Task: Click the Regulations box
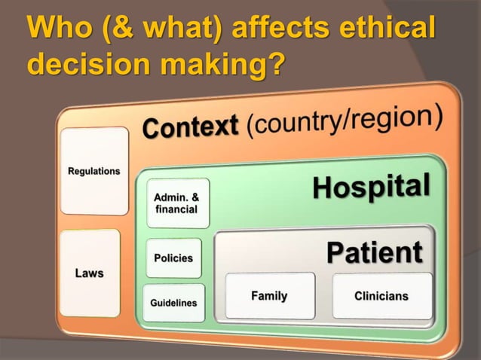pyautogui.click(x=94, y=171)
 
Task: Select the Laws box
pyautogui.click(x=90, y=273)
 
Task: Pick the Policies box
pyautogui.click(x=173, y=258)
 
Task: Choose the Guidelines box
pyautogui.click(x=173, y=303)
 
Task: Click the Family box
pyautogui.click(x=269, y=296)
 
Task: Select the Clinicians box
pyautogui.click(x=381, y=296)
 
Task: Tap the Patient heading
pyautogui.click(x=374, y=252)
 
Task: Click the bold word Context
pyautogui.click(x=190, y=127)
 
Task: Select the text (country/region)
pyautogui.click(x=342, y=121)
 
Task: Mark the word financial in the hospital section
pyautogui.click(x=176, y=209)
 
